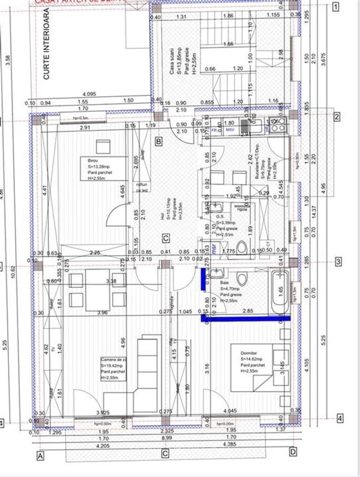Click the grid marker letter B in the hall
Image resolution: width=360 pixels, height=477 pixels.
pos(158,141)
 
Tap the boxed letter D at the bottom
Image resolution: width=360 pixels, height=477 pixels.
pos(293,452)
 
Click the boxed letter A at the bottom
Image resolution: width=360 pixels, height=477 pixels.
pos(39,455)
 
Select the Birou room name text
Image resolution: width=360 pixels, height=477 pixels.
pos(86,158)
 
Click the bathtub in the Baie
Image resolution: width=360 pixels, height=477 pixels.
pos(280,293)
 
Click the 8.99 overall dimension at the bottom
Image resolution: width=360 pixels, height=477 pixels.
pos(166,437)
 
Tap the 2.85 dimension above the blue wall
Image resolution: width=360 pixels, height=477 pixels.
pos(248,311)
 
